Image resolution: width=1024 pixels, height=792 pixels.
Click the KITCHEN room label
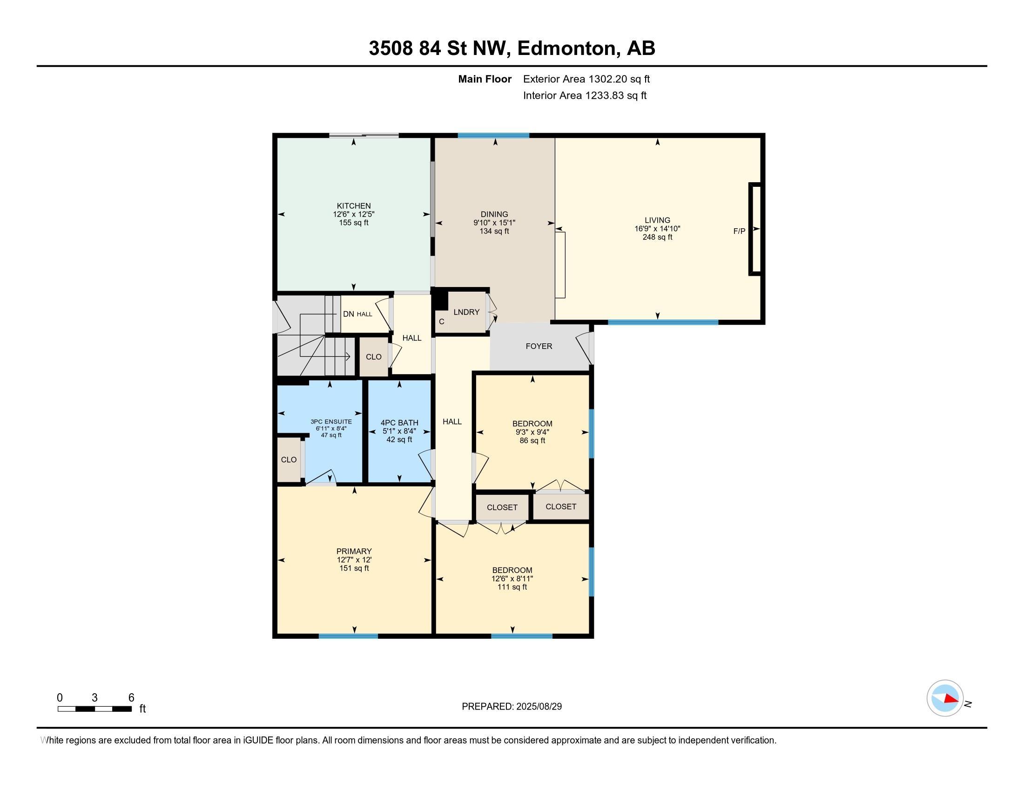tap(354, 206)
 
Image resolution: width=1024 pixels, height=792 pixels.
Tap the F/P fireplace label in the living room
tap(739, 231)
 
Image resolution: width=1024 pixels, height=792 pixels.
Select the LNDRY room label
tap(466, 312)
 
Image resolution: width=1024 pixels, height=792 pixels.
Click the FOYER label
tap(539, 346)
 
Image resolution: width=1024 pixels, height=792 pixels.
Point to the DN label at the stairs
tap(348, 314)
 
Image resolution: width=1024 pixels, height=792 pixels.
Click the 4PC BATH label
tap(399, 423)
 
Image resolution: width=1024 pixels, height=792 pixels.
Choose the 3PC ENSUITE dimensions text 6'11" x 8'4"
tap(331, 428)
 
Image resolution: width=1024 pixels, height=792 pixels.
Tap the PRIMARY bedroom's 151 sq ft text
tap(354, 568)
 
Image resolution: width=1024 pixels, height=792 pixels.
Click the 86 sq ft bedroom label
tap(532, 441)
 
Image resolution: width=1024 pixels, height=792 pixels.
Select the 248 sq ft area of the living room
tap(657, 237)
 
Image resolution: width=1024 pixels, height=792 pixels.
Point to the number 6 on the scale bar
tap(131, 698)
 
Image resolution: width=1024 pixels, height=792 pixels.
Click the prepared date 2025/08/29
tap(539, 707)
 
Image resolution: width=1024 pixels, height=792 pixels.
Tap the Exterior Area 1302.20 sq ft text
tap(586, 79)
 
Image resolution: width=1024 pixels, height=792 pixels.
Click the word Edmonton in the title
tap(566, 48)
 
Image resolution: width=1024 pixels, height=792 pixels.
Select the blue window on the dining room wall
tap(493, 136)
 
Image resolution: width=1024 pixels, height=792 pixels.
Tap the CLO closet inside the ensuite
tap(289, 460)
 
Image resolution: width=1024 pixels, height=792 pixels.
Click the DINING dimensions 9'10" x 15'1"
tap(494, 223)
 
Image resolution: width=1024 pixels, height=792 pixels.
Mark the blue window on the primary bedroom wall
tap(348, 636)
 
